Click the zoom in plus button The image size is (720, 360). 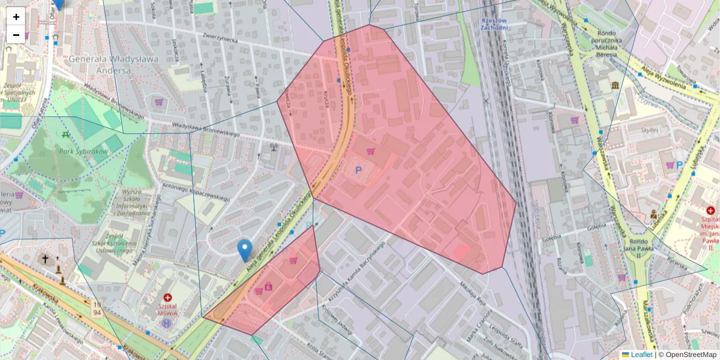(16, 17)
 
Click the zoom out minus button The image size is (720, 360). (16, 35)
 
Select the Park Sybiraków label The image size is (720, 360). (83, 152)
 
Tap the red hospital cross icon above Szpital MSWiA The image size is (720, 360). (167, 297)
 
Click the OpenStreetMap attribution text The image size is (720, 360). (690, 355)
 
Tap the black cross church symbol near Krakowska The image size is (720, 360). (45, 259)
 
